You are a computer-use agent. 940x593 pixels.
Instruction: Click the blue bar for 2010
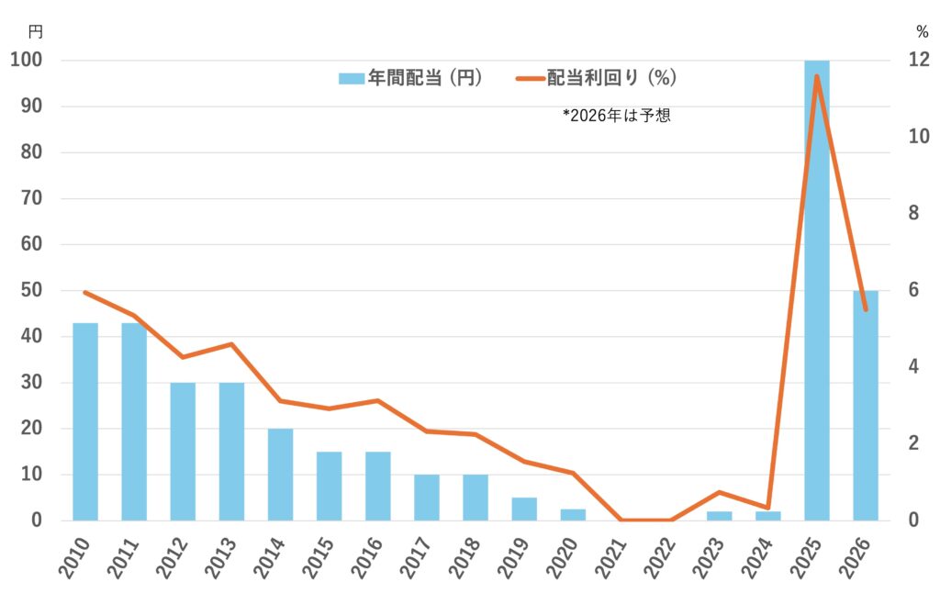coord(85,421)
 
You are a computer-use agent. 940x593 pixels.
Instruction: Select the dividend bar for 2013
coord(231,451)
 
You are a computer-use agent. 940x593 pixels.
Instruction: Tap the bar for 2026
coord(866,405)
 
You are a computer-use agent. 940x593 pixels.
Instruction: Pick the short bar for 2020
coord(573,515)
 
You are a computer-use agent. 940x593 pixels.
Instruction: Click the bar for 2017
coord(427,497)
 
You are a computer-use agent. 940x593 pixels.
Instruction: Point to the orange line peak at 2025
coord(817,76)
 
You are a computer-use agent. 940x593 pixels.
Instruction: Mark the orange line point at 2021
coord(622,520)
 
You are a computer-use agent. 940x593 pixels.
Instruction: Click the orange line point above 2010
coord(85,293)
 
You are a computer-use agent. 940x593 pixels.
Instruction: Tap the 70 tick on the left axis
coord(34,198)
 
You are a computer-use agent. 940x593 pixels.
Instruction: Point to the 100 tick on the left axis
coord(28,61)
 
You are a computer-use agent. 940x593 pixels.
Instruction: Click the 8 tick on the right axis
coord(915,213)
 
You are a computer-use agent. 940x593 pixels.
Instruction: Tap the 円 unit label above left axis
coord(35,31)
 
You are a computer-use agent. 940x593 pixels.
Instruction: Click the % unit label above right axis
coord(922,31)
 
